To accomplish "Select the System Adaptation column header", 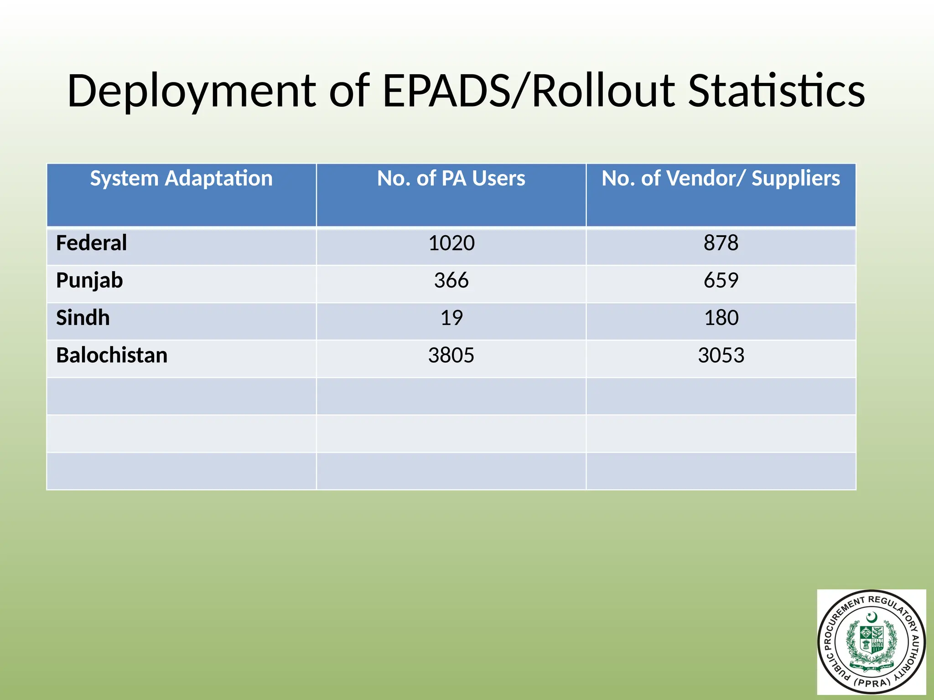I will tap(181, 178).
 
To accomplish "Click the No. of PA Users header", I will tap(451, 178).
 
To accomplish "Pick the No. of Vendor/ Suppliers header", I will tap(721, 178).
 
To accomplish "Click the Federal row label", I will tap(91, 243).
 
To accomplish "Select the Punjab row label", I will tap(89, 280).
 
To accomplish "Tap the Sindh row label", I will tap(83, 318).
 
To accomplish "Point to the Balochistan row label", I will tap(112, 355).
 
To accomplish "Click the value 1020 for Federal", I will tap(451, 243).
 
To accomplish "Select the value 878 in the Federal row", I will tap(721, 243).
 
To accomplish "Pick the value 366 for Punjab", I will tap(451, 280).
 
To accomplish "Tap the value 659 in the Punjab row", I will tap(721, 280).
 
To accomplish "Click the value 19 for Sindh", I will tap(451, 318).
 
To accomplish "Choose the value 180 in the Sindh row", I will tap(721, 318).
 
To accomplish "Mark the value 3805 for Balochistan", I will tap(451, 355).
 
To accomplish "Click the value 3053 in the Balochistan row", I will tap(721, 355).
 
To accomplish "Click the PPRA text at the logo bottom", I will tap(872, 683).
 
